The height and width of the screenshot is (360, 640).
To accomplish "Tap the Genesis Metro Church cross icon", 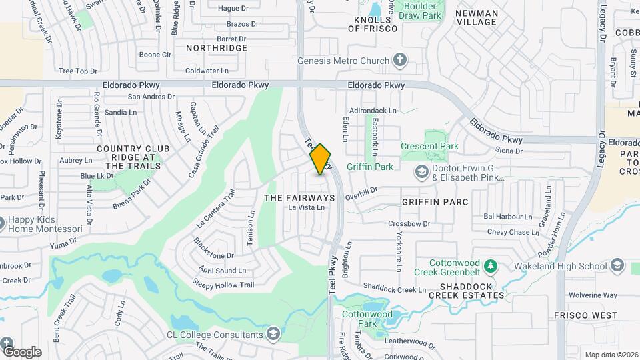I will (x=399, y=61).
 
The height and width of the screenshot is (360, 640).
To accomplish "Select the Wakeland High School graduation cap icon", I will (x=617, y=267).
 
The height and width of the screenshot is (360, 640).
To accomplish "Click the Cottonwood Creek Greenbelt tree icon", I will (x=491, y=267).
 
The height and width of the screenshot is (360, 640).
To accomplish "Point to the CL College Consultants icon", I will (x=273, y=333).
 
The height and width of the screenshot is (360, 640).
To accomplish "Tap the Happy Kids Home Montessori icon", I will (x=1, y=223).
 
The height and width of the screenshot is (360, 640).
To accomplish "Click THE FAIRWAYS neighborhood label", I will (x=299, y=198).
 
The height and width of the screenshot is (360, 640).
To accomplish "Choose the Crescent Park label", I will (x=429, y=146).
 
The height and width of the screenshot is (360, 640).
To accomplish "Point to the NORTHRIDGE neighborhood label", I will (x=217, y=48).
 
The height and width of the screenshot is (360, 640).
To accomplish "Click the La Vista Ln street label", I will (x=306, y=208).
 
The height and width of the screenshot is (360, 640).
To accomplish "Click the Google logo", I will (x=22, y=351).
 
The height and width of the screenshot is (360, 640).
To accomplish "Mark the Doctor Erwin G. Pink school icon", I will (x=421, y=173).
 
